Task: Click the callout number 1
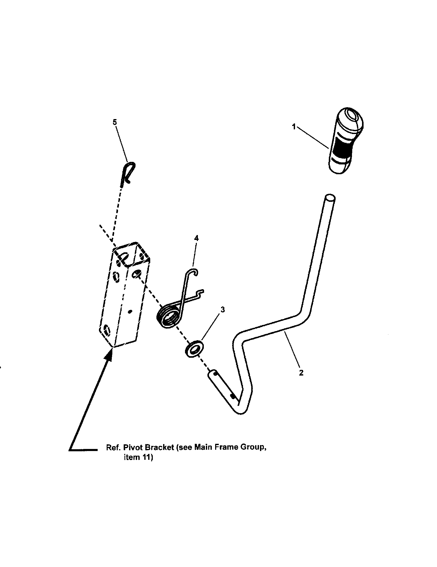(294, 127)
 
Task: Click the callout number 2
(301, 373)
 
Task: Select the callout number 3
(222, 310)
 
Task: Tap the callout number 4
(196, 238)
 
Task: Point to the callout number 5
(115, 122)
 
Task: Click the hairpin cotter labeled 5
(128, 173)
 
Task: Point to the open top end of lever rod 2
(330, 199)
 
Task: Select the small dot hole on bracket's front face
(131, 311)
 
